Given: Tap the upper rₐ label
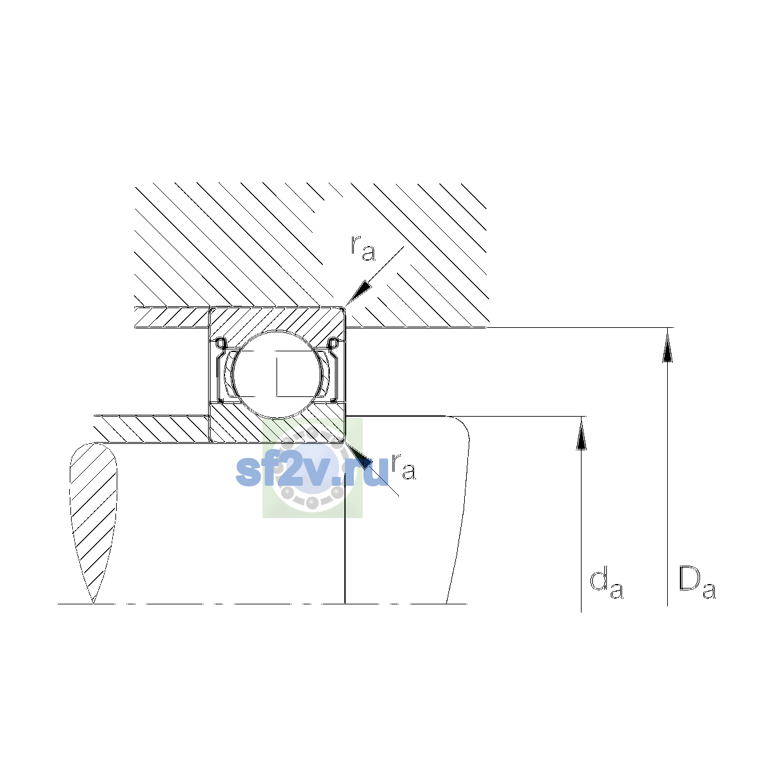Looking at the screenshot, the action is tap(363, 249).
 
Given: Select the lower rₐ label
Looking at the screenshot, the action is tap(403, 467).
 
